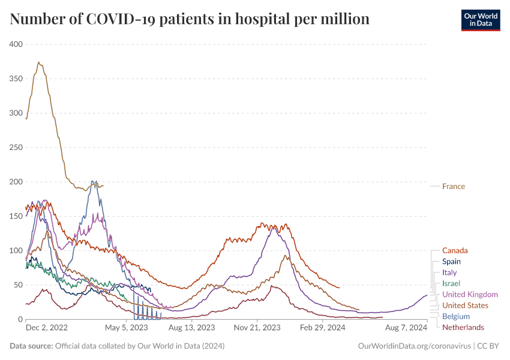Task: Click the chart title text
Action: tap(190, 19)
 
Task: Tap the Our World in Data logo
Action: tap(480, 19)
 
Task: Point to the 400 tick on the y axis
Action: tap(16, 44)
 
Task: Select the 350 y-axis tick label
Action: tap(16, 79)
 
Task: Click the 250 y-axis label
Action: tap(16, 148)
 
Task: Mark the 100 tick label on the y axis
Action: tap(16, 250)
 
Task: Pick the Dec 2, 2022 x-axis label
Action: tap(47, 328)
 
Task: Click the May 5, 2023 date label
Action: tap(127, 328)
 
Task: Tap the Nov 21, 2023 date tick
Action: tap(256, 328)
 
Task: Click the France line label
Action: tap(454, 186)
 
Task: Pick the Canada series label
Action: tap(455, 250)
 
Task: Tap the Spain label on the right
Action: tap(451, 262)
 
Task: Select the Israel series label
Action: tap(451, 283)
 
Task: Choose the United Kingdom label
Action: tap(470, 294)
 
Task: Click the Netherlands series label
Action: tap(463, 327)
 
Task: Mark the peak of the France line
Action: tap(39, 62)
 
